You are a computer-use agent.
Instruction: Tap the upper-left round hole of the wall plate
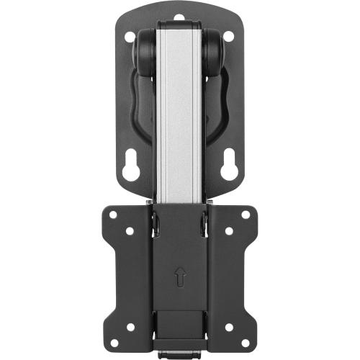pyautogui.click(x=129, y=36)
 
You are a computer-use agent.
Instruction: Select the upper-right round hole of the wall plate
pyautogui.click(x=228, y=36)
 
